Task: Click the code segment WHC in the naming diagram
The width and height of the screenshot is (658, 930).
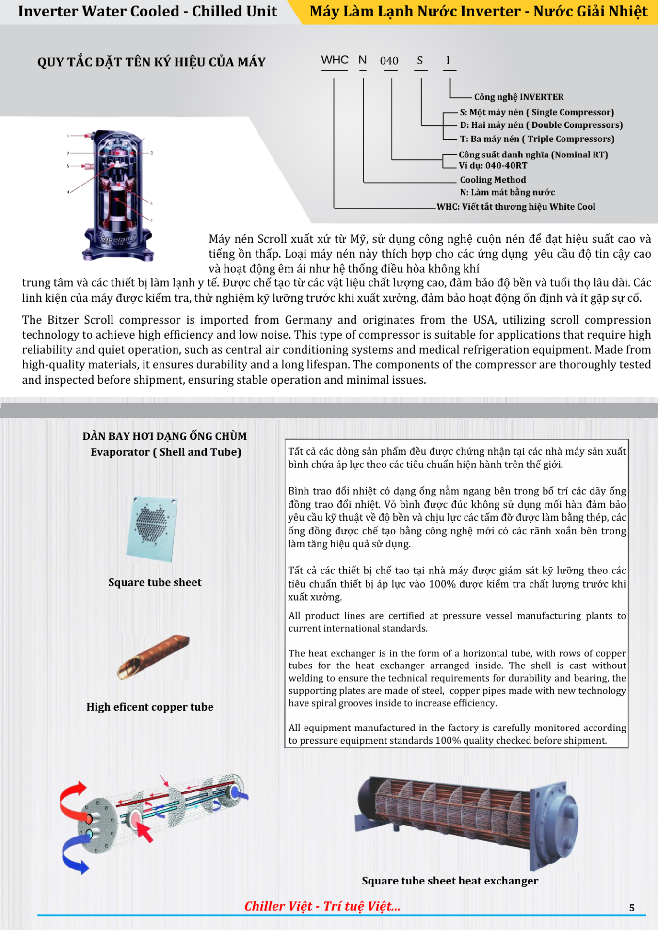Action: click(x=335, y=60)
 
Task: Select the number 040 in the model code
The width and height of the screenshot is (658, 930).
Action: click(x=389, y=61)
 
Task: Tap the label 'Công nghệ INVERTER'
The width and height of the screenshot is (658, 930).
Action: click(x=518, y=97)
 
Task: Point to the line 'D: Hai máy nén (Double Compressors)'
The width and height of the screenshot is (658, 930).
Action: click(x=541, y=125)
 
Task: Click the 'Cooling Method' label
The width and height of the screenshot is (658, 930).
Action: click(x=493, y=180)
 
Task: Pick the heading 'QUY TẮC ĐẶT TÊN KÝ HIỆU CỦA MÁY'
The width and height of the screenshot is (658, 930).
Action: click(x=151, y=62)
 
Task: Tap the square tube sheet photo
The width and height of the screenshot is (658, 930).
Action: click(x=152, y=528)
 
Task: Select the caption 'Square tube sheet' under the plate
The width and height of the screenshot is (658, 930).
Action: click(x=155, y=582)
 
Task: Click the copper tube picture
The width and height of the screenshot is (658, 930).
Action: click(x=153, y=656)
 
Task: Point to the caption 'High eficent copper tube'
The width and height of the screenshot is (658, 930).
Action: click(x=150, y=707)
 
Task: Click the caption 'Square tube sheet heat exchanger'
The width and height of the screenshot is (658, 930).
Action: click(x=449, y=881)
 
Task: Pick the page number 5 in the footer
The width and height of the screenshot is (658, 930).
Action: click(x=631, y=908)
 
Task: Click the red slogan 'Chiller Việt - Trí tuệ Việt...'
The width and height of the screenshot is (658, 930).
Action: click(x=322, y=906)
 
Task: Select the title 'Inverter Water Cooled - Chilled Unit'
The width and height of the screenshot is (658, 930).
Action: click(x=147, y=11)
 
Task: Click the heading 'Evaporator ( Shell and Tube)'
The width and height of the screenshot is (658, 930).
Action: click(x=165, y=452)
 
